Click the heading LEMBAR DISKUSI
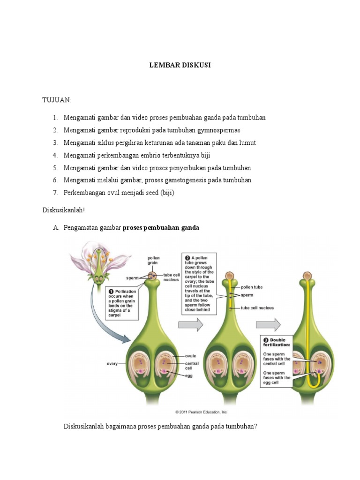pyautogui.click(x=180, y=65)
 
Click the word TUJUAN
pyautogui.click(x=57, y=100)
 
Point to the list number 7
pyautogui.click(x=55, y=193)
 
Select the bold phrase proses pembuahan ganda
pyautogui.click(x=161, y=228)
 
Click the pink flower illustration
pyautogui.click(x=97, y=262)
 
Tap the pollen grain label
pyautogui.click(x=154, y=260)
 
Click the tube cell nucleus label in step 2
pyautogui.click(x=257, y=308)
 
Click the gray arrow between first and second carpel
pyautogui.click(x=192, y=323)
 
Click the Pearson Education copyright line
pyautogui.click(x=202, y=412)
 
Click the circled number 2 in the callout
pyautogui.click(x=187, y=257)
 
